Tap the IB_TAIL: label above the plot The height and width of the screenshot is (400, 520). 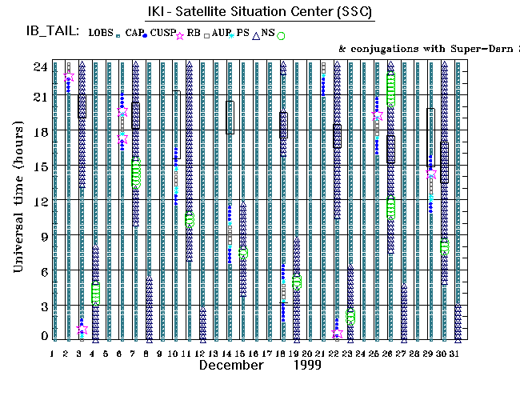52,31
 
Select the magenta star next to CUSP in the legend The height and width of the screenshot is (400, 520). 179,36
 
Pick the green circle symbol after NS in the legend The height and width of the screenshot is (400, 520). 281,35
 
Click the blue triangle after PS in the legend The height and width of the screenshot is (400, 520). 256,35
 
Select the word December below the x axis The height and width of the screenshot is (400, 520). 231,365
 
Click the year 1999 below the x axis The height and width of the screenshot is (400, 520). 306,365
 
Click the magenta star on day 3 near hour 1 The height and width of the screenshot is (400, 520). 82,329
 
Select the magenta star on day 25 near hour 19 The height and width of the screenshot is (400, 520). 377,116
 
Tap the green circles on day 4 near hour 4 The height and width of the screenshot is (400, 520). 95,293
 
